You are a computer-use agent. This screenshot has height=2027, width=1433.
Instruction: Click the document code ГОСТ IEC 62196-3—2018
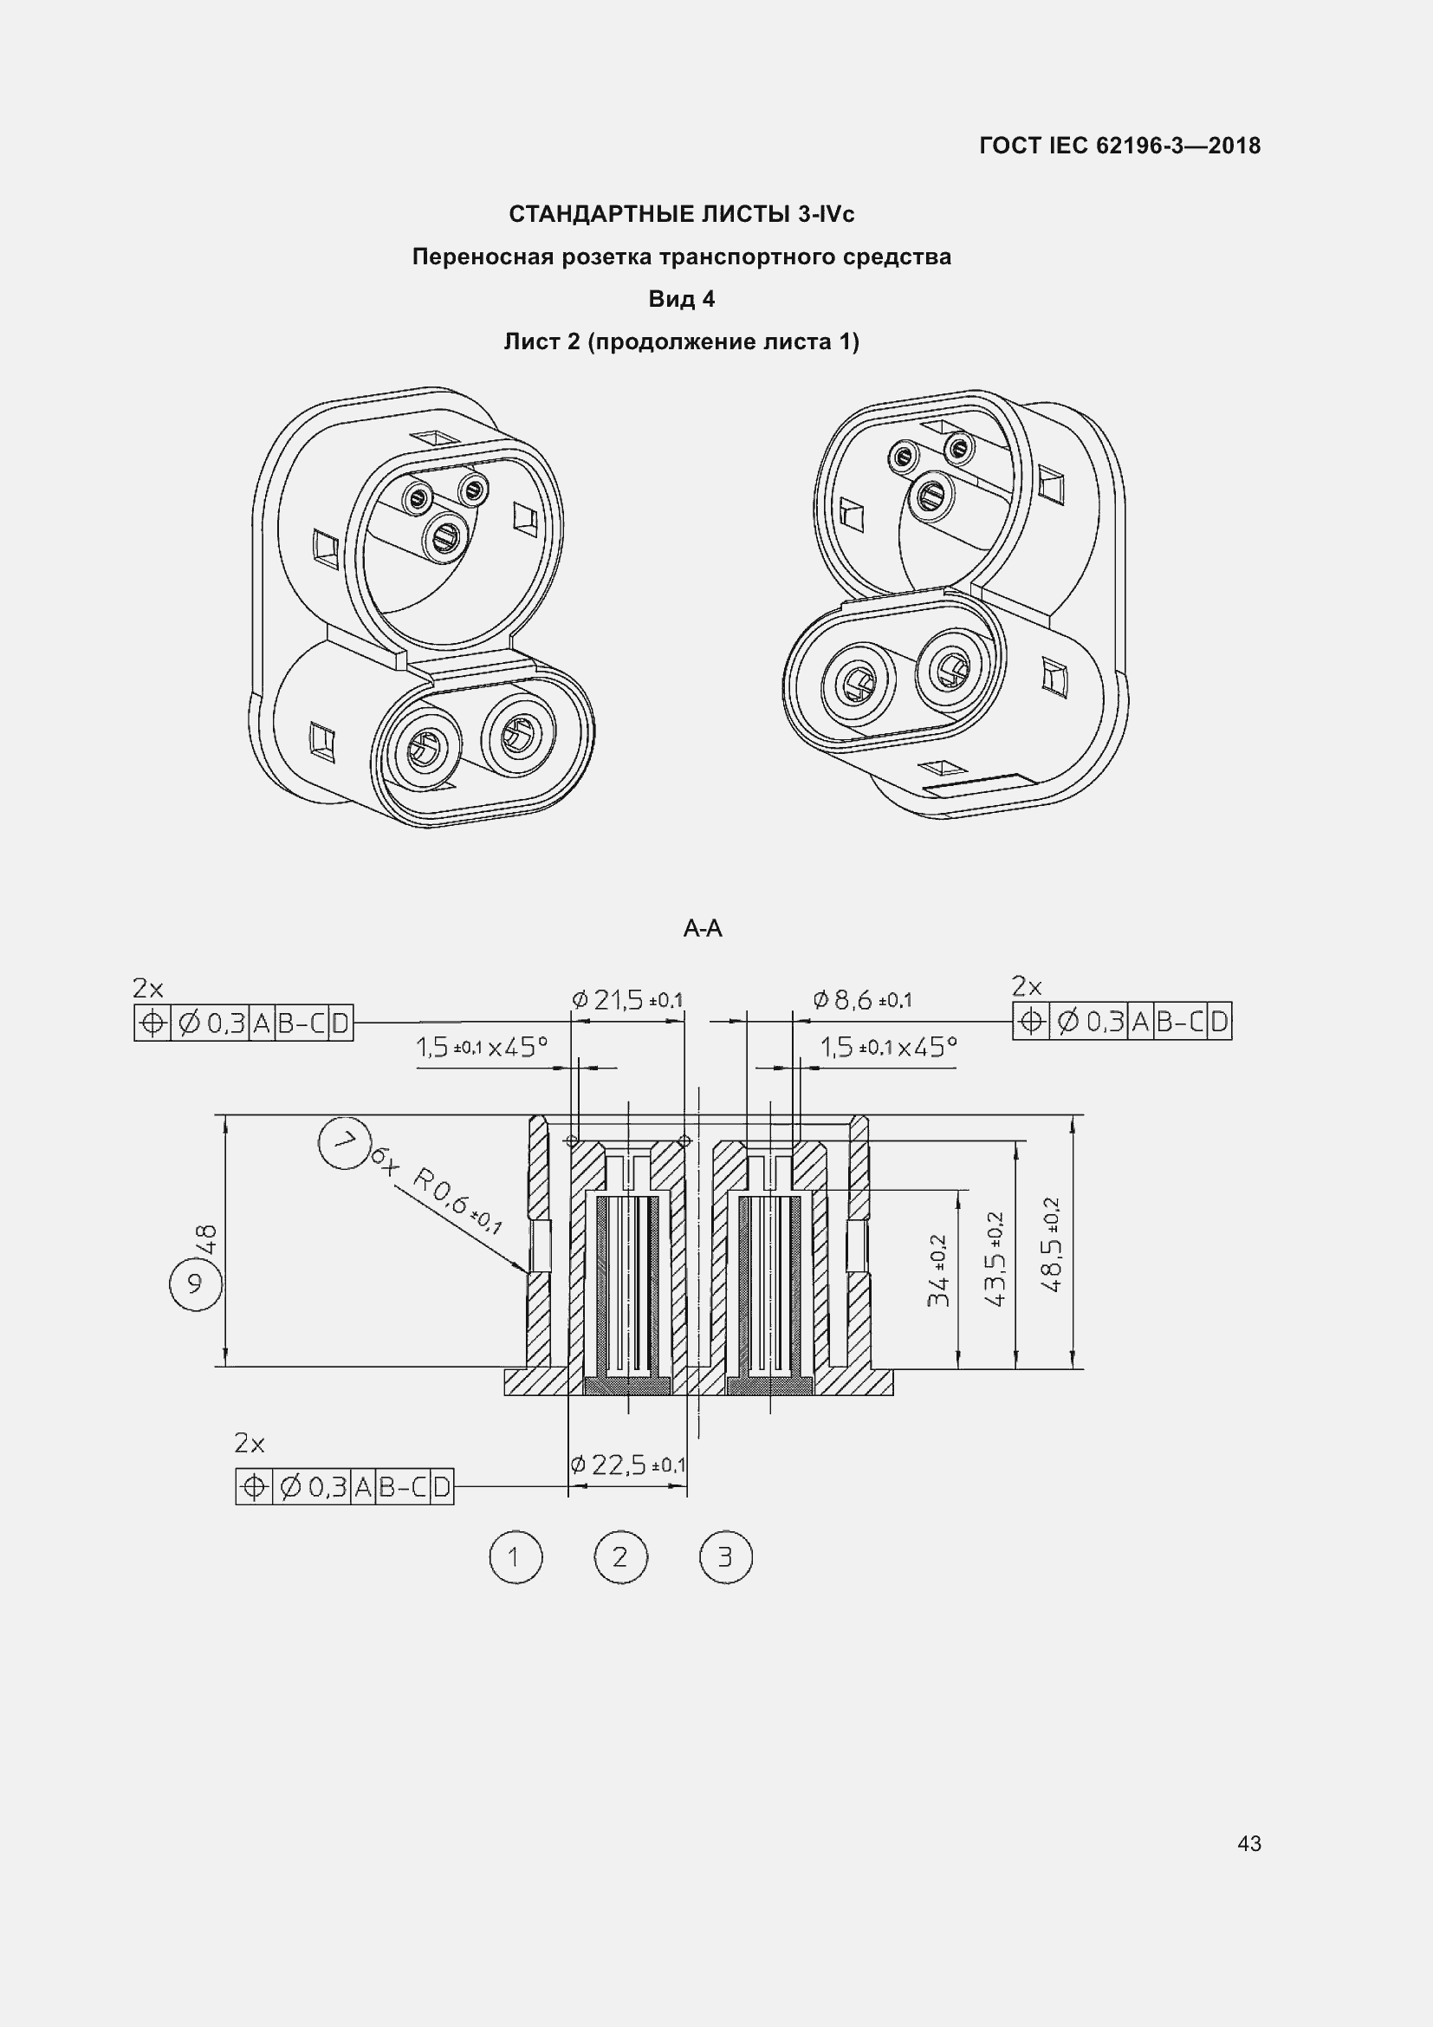click(x=1119, y=146)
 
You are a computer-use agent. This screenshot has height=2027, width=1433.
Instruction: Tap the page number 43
click(x=1249, y=1843)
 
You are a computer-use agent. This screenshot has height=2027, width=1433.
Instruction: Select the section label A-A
click(x=703, y=929)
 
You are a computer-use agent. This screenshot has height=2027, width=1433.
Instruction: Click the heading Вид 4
click(x=681, y=299)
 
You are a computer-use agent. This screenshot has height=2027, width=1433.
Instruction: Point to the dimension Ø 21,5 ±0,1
click(x=627, y=1000)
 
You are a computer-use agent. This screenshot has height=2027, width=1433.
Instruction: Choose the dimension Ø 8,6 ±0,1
click(x=862, y=1000)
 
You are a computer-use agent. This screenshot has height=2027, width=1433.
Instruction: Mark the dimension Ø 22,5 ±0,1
click(x=627, y=1465)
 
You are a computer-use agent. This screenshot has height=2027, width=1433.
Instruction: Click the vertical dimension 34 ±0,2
click(x=938, y=1270)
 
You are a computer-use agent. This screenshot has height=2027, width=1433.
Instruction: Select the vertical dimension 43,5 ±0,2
click(x=995, y=1259)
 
